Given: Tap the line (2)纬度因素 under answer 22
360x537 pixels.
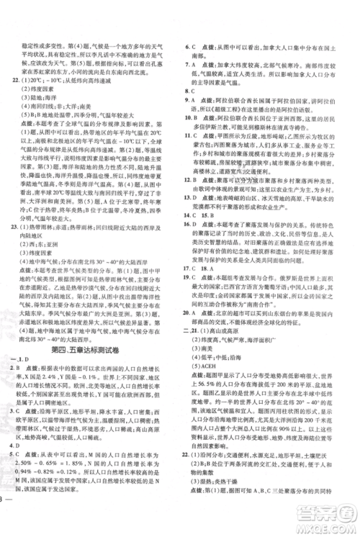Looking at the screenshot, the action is (40, 89).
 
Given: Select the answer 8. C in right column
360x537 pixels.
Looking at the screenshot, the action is (192, 92).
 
